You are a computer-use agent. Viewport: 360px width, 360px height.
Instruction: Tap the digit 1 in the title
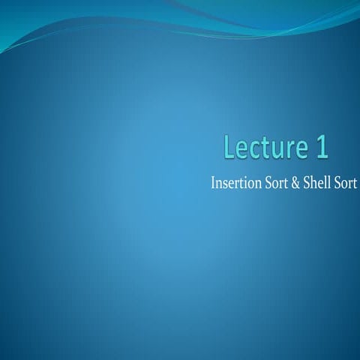pyautogui.click(x=321, y=148)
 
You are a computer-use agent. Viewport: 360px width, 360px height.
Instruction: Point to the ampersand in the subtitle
pyautogui.click(x=296, y=183)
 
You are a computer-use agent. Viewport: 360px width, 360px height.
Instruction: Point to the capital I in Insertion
pyautogui.click(x=214, y=183)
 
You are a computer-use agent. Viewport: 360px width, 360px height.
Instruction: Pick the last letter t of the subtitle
pyautogui.click(x=354, y=184)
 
